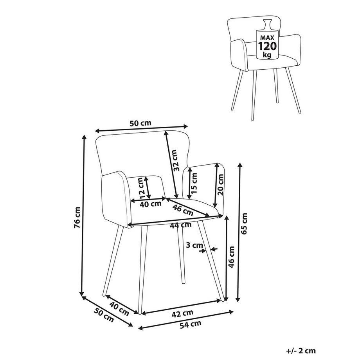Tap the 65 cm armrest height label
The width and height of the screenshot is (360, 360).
click(244, 223)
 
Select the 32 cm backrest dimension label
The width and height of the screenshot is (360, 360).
click(175, 160)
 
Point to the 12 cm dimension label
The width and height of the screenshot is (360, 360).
click(142, 188)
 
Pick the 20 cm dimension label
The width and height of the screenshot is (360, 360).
click(220, 185)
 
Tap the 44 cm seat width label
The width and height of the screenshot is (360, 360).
click(181, 225)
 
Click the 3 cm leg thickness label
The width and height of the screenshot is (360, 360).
click(194, 245)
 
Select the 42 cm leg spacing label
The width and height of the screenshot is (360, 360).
click(182, 313)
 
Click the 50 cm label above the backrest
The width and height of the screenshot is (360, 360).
click(140, 123)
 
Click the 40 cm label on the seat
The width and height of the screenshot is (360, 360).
click(151, 204)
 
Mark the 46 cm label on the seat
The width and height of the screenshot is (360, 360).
click(183, 210)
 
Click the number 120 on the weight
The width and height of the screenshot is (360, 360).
click(268, 46)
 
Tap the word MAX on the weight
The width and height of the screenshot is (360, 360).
click(268, 38)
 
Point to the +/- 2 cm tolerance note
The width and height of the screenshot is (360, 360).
click(301, 351)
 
